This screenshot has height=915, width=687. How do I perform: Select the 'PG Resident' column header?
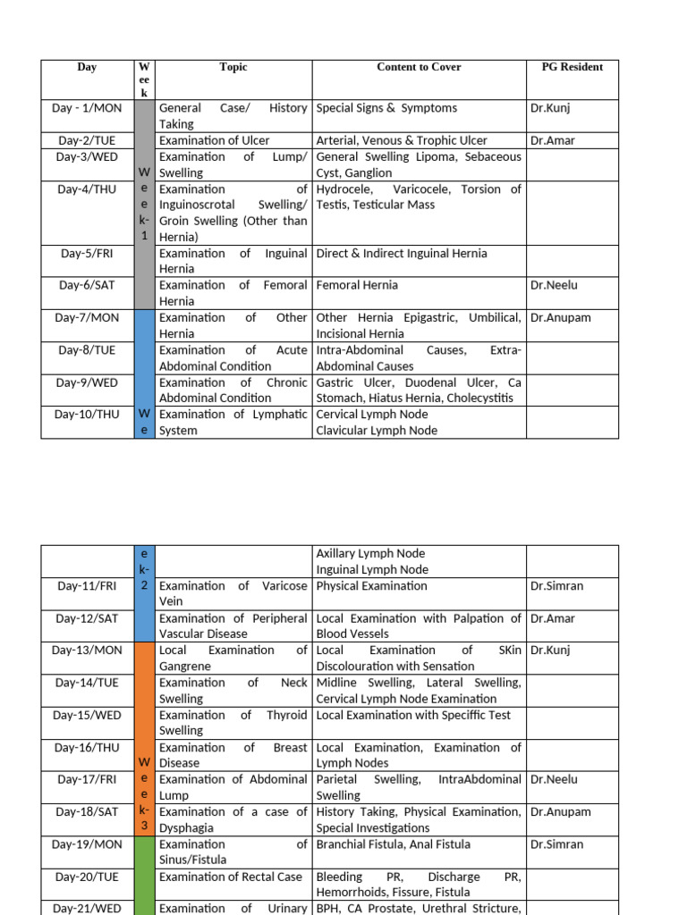tap(572, 67)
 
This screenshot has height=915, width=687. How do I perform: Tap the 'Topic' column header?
tap(233, 67)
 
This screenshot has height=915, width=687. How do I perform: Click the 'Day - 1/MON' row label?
tap(88, 108)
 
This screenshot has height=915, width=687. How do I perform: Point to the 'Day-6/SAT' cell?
tap(88, 286)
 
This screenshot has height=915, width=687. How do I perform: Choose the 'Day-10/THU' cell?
tap(88, 415)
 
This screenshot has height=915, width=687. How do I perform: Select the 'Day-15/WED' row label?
tap(88, 716)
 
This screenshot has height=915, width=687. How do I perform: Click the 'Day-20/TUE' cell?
tap(88, 877)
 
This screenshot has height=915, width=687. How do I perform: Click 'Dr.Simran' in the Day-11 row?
tap(556, 586)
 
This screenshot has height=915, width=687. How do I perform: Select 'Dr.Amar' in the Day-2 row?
tap(552, 140)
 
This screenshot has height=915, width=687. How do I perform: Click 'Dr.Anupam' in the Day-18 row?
tap(560, 812)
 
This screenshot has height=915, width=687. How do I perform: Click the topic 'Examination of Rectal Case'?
tap(230, 877)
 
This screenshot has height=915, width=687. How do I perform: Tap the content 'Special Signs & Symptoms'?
tap(386, 108)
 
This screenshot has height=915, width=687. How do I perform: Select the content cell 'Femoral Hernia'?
tap(357, 286)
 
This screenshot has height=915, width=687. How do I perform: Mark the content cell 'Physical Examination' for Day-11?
tap(371, 586)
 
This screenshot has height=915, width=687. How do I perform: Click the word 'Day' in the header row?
tap(88, 67)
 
